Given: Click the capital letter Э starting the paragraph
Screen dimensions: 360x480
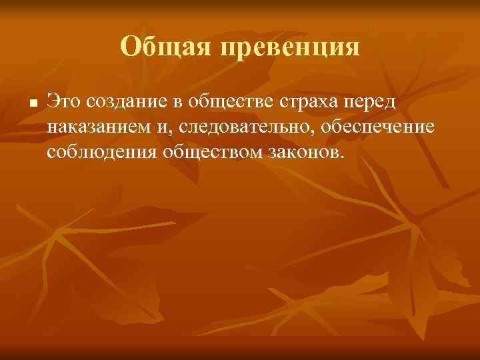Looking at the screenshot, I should [x=52, y=101].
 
